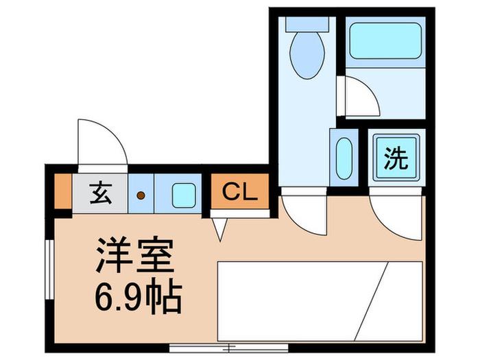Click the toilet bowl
(307, 55)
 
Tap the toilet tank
(307, 24)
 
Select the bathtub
(385, 40)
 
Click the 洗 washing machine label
(396, 158)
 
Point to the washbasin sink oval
(344, 158)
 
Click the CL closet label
(240, 192)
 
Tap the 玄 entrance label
(101, 193)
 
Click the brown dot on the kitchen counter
(141, 195)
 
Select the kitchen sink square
(184, 195)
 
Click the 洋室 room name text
(135, 254)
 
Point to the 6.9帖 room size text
(139, 296)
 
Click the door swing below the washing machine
(385, 228)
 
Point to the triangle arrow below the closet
(220, 229)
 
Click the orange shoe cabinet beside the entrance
(63, 191)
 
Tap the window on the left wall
(49, 269)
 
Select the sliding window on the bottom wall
(228, 348)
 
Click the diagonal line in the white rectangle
(371, 301)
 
